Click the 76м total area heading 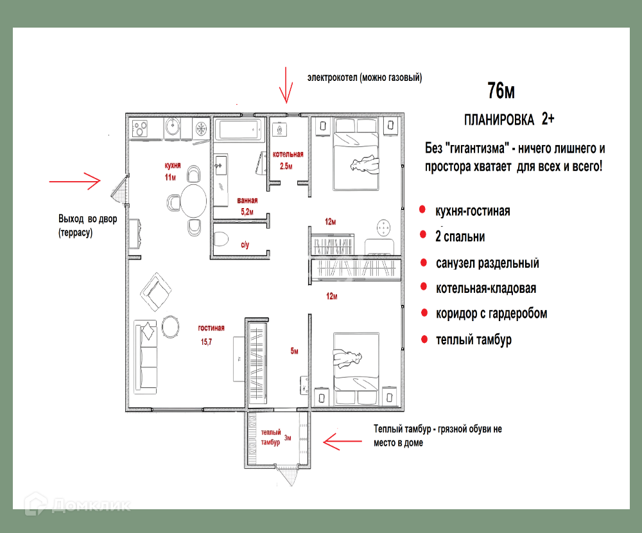pyautogui.click(x=501, y=91)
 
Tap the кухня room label pyautogui.click(x=172, y=166)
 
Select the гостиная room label pyautogui.click(x=211, y=328)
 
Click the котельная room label pyautogui.click(x=288, y=154)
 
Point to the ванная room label pyautogui.click(x=247, y=200)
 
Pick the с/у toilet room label pyautogui.click(x=245, y=245)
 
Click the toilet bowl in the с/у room pyautogui.click(x=221, y=239)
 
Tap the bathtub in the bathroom pyautogui.click(x=238, y=130)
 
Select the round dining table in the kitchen pyautogui.click(x=193, y=201)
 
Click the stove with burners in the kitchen pyautogui.click(x=140, y=128)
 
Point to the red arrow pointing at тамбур pyautogui.click(x=342, y=442)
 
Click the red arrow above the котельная pyautogui.click(x=286, y=85)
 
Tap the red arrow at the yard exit pyautogui.click(x=74, y=180)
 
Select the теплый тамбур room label pyautogui.click(x=271, y=437)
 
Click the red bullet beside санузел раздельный pyautogui.click(x=424, y=263)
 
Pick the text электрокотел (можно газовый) pyautogui.click(x=365, y=78)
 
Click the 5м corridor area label pyautogui.click(x=295, y=351)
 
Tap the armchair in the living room pyautogui.click(x=155, y=292)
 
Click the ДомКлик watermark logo pyautogui.click(x=77, y=504)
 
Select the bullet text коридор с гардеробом pyautogui.click(x=491, y=313)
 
